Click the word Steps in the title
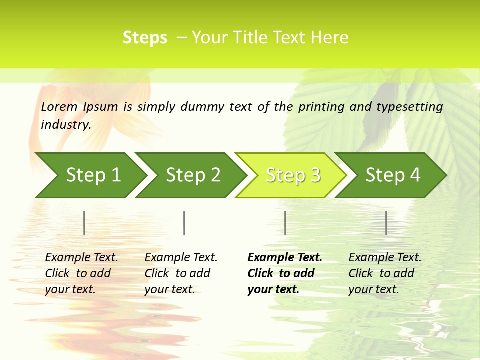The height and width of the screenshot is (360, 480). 145,38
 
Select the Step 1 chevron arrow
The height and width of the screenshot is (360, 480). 93,175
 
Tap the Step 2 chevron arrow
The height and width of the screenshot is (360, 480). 193,175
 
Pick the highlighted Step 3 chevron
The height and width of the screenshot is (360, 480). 293,175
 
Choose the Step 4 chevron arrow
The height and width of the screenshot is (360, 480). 393,175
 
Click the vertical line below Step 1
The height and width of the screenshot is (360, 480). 84,223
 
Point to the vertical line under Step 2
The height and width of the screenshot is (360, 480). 184,223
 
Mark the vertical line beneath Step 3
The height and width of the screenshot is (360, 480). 285,223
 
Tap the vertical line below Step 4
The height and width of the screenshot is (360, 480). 386,223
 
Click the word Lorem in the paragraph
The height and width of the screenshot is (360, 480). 59,106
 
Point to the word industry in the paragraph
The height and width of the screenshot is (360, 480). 65,124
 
